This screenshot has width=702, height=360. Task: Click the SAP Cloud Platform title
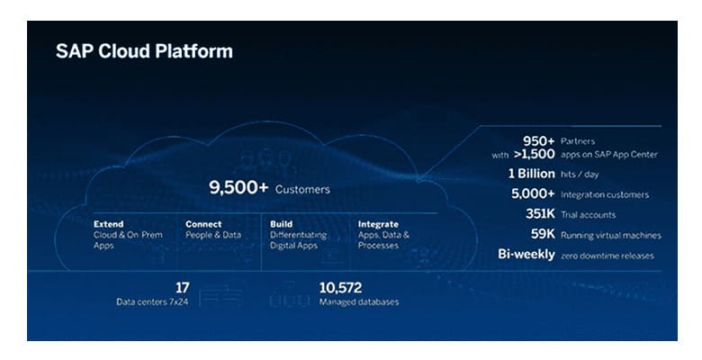[x=144, y=51]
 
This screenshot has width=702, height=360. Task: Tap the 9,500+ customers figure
[x=238, y=187]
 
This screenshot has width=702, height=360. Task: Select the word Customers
[x=302, y=189]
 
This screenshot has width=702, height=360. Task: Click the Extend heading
[x=108, y=224]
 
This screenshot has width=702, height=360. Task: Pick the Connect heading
[x=203, y=224]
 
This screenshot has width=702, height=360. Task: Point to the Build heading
[x=281, y=224]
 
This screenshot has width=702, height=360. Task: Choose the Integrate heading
[x=378, y=224]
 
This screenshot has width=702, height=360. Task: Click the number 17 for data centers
[x=182, y=287]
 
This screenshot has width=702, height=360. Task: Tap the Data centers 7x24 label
[x=152, y=301]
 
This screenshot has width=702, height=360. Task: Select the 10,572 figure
[x=340, y=287]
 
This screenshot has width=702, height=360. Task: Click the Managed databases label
[x=359, y=301]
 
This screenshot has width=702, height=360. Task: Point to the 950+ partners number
[x=538, y=141]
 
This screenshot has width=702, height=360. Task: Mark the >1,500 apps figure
[x=534, y=154]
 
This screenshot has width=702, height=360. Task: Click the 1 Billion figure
[x=531, y=174]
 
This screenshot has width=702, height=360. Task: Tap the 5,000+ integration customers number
[x=533, y=193]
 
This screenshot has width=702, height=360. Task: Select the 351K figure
[x=540, y=214]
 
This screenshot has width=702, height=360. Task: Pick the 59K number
[x=543, y=234]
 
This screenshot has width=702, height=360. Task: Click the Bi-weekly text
[x=526, y=255]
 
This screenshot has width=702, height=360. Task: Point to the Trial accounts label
[x=589, y=215]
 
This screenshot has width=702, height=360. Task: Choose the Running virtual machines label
[x=611, y=236]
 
